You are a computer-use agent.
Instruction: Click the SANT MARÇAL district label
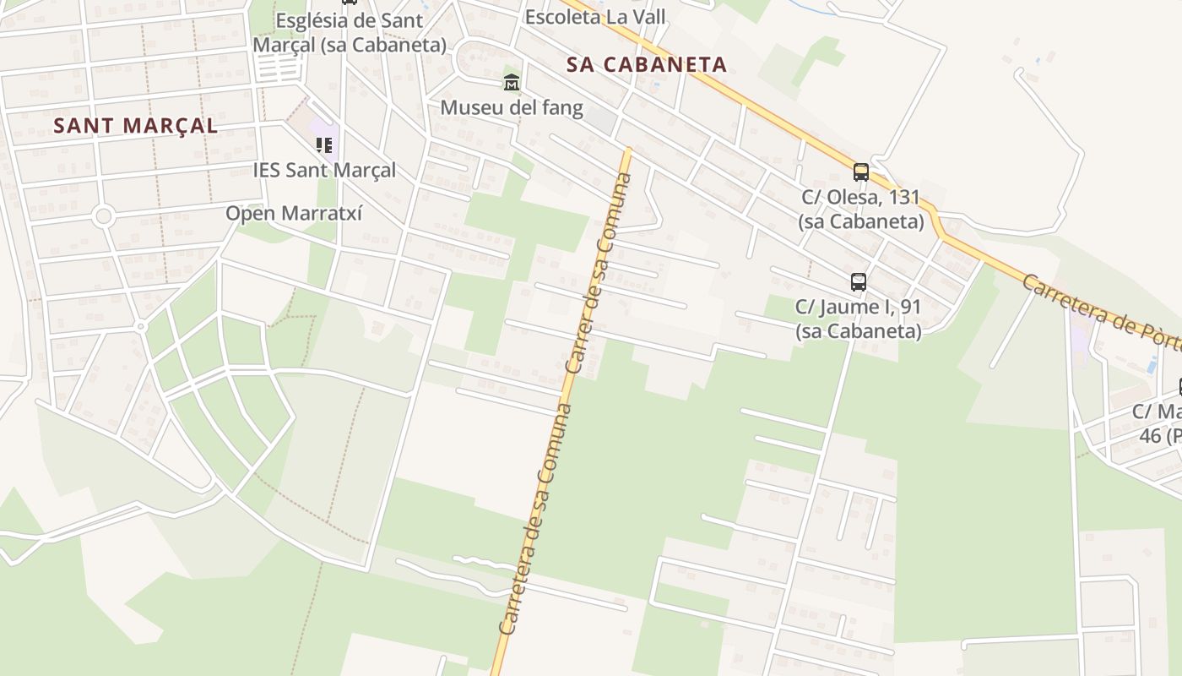(x=135, y=126)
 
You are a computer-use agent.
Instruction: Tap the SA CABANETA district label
(x=647, y=65)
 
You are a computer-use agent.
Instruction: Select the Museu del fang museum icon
(x=512, y=83)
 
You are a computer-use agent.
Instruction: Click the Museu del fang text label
(x=512, y=107)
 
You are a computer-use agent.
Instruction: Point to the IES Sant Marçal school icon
(x=324, y=145)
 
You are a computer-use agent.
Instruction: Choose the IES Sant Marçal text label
(x=324, y=170)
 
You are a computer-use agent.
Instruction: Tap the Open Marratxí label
(x=294, y=213)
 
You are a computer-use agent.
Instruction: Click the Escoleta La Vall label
(x=595, y=17)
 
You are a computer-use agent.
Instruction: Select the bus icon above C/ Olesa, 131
(x=861, y=172)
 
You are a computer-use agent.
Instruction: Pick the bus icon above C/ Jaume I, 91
(x=859, y=282)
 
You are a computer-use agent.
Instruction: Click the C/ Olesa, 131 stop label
(x=861, y=209)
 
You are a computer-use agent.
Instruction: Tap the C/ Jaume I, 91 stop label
(x=859, y=319)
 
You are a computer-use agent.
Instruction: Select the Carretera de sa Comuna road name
(x=535, y=520)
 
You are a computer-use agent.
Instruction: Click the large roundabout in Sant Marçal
(x=104, y=216)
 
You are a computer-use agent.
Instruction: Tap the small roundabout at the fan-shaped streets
(x=141, y=326)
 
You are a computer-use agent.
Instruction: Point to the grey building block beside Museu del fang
(x=600, y=120)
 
